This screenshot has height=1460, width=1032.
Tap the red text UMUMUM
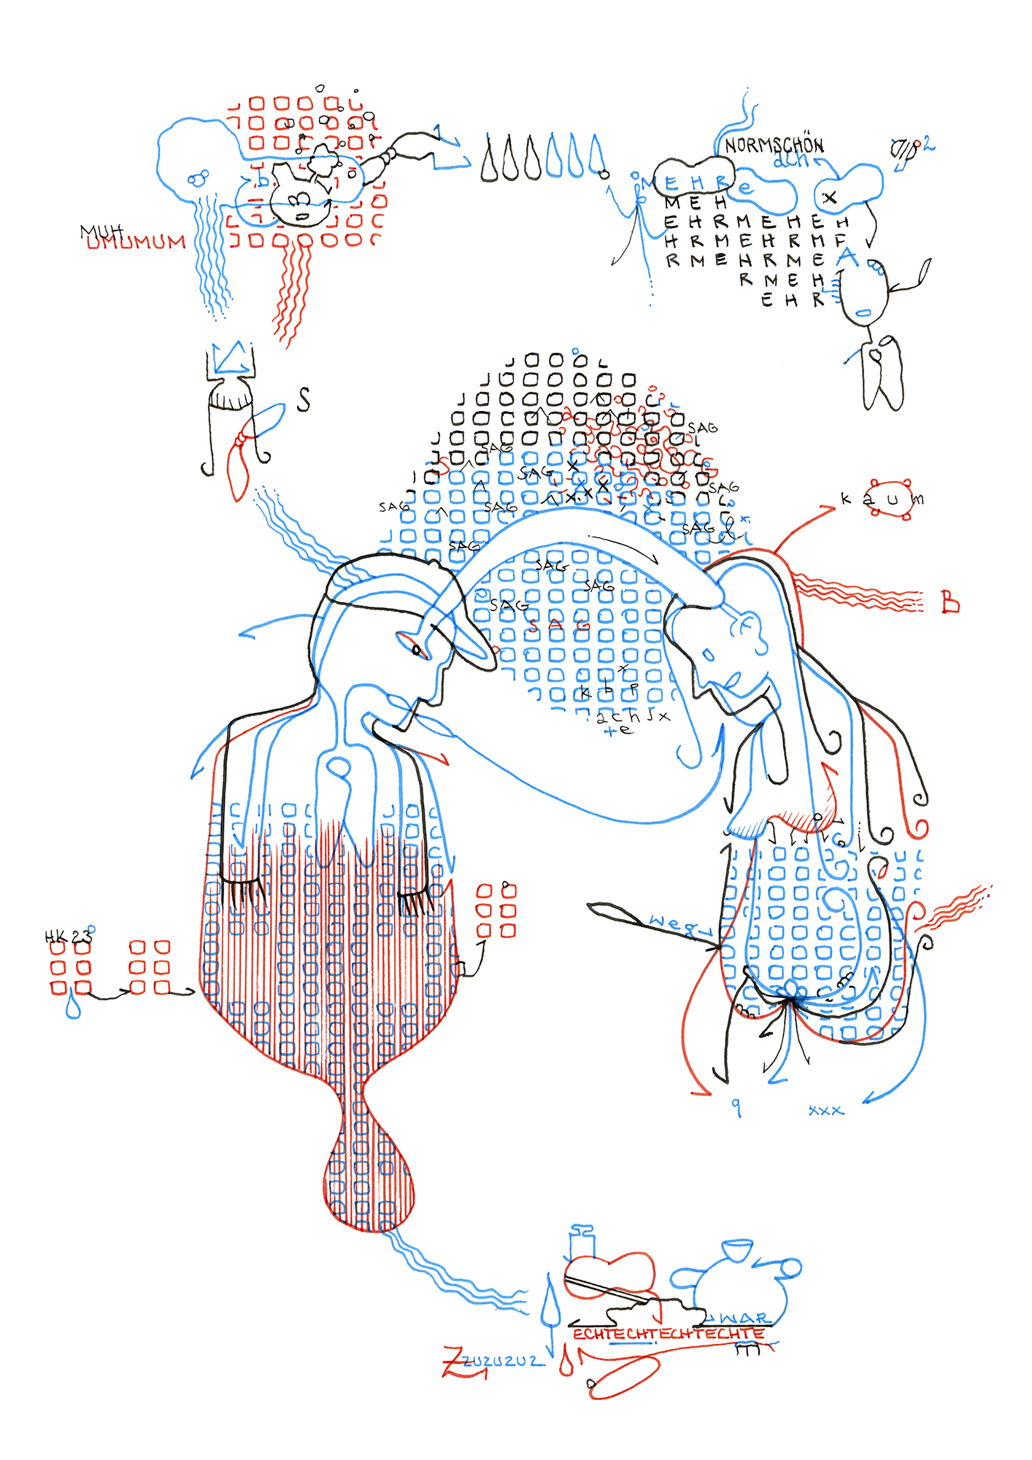coord(136,242)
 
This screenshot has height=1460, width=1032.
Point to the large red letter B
coord(950,603)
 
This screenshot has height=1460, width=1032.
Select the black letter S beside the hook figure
coord(304,399)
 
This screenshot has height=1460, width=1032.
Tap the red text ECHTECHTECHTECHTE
coord(668,1334)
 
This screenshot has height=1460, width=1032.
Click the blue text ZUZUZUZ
coord(504,1361)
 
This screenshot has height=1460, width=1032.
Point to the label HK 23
coord(68,936)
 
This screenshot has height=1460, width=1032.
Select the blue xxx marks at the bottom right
coord(825,1110)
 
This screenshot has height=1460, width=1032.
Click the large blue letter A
coord(847,256)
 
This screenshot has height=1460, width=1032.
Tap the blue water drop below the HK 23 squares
coord(73,1007)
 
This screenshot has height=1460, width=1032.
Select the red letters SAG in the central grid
coord(560,626)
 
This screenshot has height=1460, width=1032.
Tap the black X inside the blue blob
coord(829,197)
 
